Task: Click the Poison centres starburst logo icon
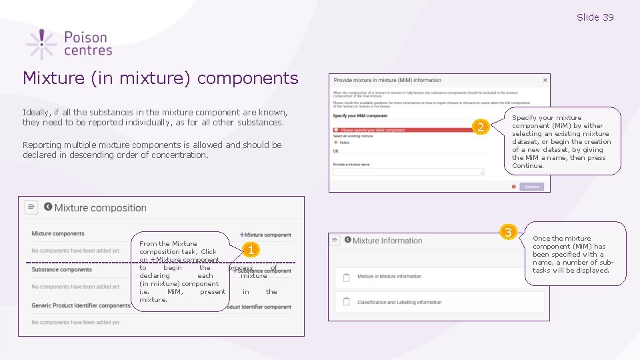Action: click(41, 44)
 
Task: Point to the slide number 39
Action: click(595, 17)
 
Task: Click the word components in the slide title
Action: click(247, 78)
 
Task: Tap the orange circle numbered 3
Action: click(509, 232)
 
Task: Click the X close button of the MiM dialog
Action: click(545, 80)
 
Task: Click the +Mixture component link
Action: click(265, 235)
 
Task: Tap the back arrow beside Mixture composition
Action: click(48, 207)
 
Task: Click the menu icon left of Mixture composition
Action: click(31, 207)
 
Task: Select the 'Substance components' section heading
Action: click(61, 270)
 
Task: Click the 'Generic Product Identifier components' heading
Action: click(81, 306)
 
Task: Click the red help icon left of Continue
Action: click(514, 187)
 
